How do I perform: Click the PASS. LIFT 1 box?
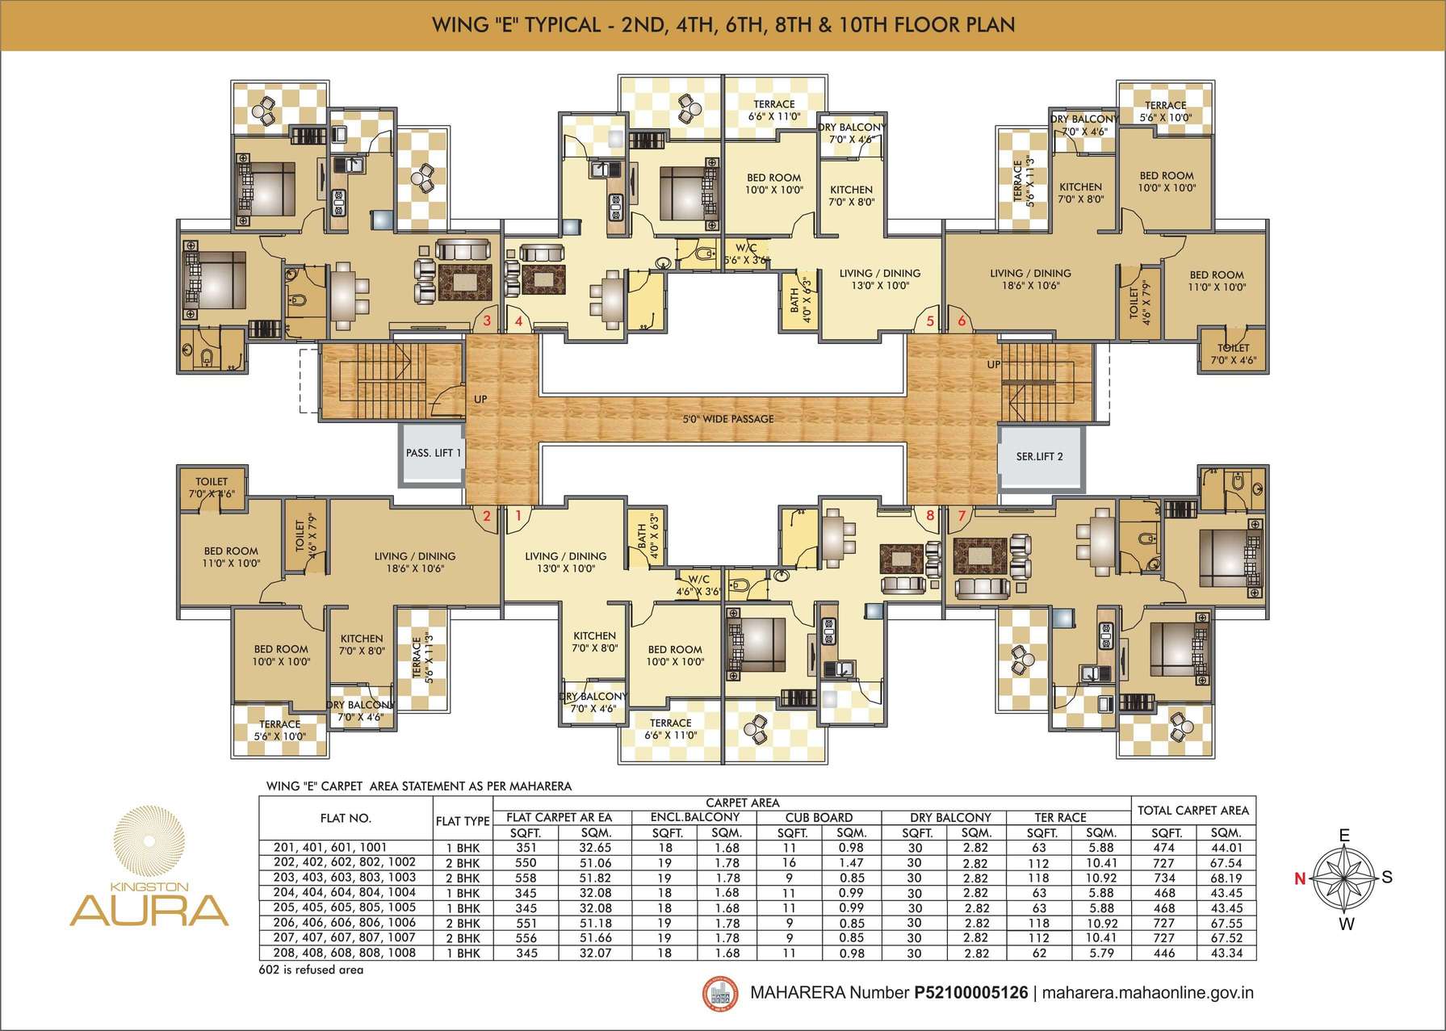pos(433,456)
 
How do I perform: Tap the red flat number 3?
pos(487,321)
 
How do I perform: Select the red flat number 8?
pos(930,514)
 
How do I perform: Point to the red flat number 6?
pos(962,321)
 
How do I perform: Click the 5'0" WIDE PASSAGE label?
pos(728,419)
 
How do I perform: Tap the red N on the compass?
pos(1300,879)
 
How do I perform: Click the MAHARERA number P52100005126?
pos(971,992)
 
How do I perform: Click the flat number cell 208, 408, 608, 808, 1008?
pos(346,953)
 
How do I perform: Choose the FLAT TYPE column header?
pos(463,821)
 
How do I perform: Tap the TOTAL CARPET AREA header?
pos(1193,810)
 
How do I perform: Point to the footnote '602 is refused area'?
pos(312,970)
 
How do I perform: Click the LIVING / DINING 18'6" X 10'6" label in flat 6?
pos(1030,279)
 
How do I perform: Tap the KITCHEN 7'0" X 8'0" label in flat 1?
pos(594,642)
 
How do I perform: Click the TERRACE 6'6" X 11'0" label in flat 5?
pos(773,110)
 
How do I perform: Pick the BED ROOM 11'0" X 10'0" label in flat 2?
pos(231,557)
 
